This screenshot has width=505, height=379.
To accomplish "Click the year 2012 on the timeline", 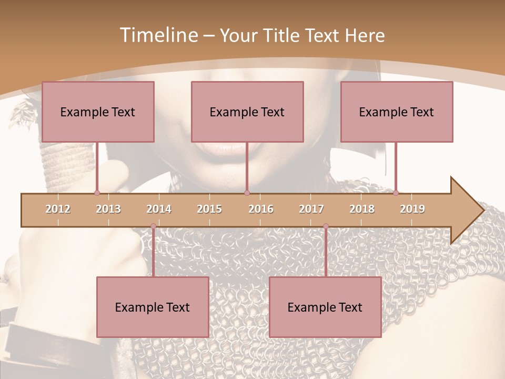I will [58, 209].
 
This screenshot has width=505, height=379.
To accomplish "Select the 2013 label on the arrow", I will [108, 209].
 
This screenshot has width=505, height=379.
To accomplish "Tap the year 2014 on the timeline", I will [159, 209].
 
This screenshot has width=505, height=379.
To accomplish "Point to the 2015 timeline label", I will [209, 209].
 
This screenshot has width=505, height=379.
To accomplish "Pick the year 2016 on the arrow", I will [261, 209].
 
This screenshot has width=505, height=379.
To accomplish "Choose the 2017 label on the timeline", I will [311, 209].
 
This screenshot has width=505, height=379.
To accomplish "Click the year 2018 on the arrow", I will [362, 209].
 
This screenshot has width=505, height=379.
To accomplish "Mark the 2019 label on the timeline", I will [412, 209].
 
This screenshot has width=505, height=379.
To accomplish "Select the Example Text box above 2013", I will [98, 112].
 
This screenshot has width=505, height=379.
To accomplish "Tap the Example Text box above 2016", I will [247, 112].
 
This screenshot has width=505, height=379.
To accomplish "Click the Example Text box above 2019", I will [397, 112].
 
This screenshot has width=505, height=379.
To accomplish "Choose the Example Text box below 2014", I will [153, 307].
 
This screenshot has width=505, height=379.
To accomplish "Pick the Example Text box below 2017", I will [325, 307].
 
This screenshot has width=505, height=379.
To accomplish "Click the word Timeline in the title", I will [158, 35].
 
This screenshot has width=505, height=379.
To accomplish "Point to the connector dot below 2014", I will [153, 226].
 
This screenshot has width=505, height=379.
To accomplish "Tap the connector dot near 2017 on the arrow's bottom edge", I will [326, 226].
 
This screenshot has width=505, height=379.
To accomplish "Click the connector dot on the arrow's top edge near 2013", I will [97, 193].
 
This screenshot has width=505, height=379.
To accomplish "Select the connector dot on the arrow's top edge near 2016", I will [247, 193].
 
